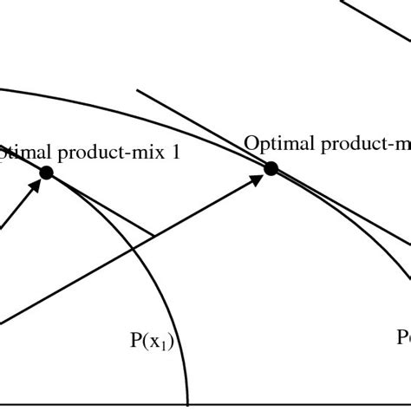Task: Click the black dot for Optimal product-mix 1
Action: pos(46,173)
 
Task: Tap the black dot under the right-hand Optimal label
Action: pos(271,168)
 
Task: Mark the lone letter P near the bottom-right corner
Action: pos(403,336)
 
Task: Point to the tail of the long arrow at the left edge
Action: pos(3,323)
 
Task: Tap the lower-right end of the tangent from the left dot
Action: pos(153,235)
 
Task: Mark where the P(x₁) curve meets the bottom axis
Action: pos(188,403)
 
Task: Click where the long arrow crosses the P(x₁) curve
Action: pos(132,249)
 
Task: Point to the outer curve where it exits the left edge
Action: pos(2,87)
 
